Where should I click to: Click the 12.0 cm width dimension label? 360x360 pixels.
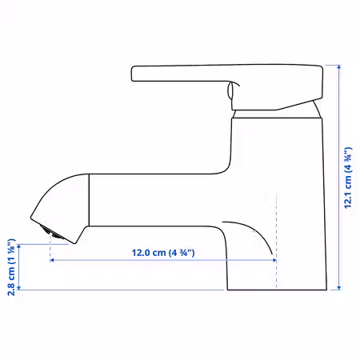pos(163,253)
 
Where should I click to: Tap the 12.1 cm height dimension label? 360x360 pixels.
pos(348,178)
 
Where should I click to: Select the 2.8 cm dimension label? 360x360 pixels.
pos(11,267)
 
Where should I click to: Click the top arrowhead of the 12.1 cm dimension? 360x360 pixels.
pos(339,67)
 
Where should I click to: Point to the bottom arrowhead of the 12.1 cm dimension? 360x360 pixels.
pos(339,288)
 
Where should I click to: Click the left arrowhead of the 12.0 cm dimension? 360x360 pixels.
pos(52,260)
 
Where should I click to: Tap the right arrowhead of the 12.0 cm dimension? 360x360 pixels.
pos(274,260)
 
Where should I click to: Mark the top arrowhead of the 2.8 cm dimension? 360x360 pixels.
pos(19,246)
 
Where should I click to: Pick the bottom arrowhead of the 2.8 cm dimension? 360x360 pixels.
pos(19,288)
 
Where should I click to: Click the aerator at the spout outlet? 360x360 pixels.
pos(50,231)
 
